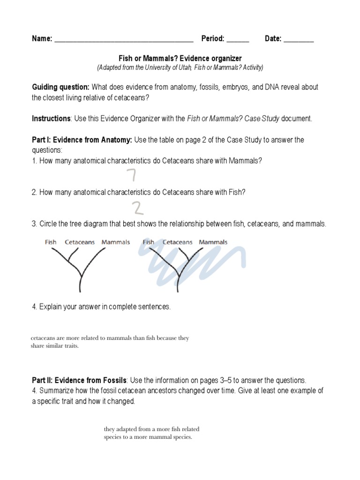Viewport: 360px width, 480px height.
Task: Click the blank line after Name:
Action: [124, 40]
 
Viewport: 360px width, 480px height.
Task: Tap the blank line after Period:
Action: [238, 40]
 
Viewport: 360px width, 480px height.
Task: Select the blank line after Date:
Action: [299, 40]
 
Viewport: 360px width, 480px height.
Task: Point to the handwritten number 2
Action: [136, 208]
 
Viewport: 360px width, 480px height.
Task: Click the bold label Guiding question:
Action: [60, 87]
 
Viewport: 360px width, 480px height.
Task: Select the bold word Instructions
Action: [51, 119]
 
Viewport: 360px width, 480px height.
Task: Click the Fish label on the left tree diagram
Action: [51, 242]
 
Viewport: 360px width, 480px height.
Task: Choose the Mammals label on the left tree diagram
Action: [116, 242]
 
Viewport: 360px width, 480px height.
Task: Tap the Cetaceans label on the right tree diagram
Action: [177, 242]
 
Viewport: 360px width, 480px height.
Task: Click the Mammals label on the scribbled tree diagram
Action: [213, 242]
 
